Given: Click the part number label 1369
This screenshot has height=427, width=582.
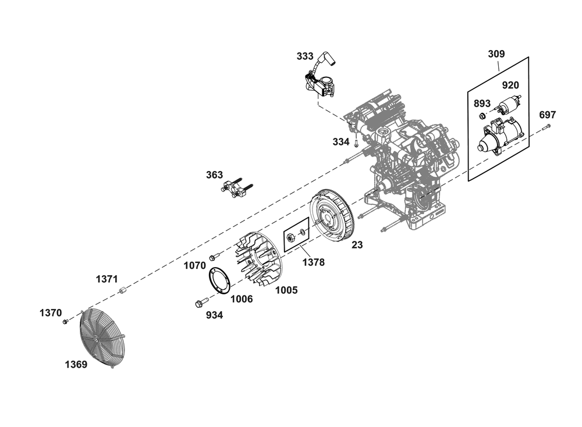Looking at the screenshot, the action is [76, 365].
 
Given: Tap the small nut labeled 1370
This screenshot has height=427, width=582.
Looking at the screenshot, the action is [65, 322].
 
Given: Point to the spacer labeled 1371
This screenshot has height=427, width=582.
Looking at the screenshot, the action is [122, 290].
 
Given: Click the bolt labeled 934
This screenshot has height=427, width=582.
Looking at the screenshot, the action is [201, 302].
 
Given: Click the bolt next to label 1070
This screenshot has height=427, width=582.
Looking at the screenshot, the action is [214, 256].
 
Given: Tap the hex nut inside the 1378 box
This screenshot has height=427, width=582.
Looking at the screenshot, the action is [291, 236].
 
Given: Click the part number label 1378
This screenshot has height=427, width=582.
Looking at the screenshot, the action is [313, 262].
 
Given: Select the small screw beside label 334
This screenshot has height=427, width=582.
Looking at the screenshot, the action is [356, 143].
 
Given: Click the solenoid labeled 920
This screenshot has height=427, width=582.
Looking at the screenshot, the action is [507, 105].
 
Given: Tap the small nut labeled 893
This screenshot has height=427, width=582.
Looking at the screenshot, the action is [482, 116].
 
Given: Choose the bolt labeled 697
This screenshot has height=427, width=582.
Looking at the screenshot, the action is [545, 127].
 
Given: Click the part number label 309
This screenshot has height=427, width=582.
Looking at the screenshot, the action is [496, 54].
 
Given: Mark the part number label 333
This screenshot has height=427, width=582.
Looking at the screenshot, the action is [305, 56].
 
